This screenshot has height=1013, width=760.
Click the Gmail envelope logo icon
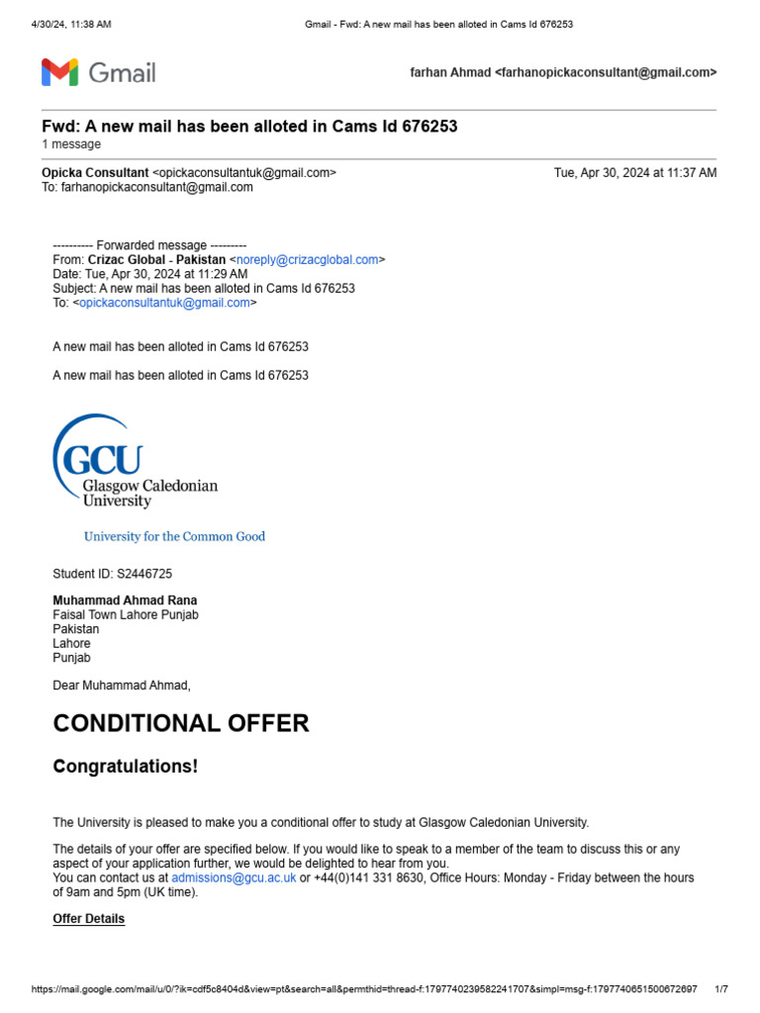[x=59, y=72]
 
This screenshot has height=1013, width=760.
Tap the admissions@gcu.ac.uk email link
[x=234, y=877]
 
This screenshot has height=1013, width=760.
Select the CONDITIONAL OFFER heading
[x=180, y=723]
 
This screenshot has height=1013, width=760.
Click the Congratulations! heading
[x=125, y=767]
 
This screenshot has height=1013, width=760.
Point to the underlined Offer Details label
[x=88, y=919]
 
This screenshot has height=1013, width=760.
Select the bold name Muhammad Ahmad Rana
[x=125, y=600]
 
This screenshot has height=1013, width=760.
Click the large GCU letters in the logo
[x=102, y=460]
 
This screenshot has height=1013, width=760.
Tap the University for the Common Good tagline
[x=174, y=536]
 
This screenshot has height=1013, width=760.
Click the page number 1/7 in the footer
[x=720, y=989]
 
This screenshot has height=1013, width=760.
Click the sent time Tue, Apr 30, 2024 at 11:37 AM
[x=635, y=172]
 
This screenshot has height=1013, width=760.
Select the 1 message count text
[x=71, y=144]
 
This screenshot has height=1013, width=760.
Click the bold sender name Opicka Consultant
[x=95, y=172]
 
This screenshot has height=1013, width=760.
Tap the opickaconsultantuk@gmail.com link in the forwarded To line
[x=164, y=303]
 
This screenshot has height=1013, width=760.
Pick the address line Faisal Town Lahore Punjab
[x=126, y=614]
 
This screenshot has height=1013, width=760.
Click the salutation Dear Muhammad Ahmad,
[x=122, y=685]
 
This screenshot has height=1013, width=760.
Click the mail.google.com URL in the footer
[x=364, y=989]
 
